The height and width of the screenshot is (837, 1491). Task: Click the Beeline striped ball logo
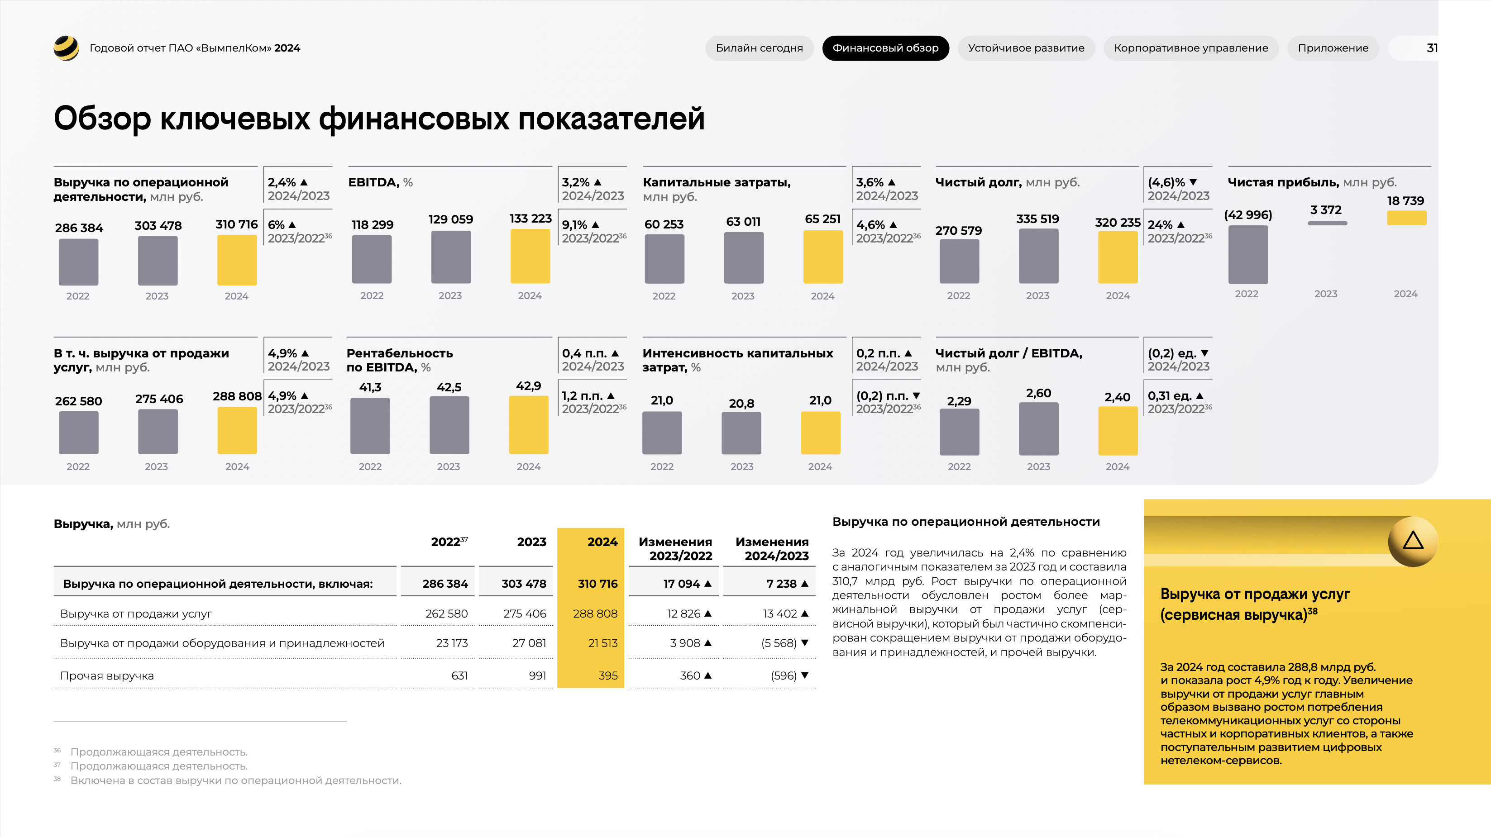pos(66,48)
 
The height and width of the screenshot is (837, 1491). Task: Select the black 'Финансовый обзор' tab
pos(885,48)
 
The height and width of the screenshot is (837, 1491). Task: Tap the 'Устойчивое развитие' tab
pos(1026,48)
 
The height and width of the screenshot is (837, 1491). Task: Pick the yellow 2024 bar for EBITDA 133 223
pos(530,256)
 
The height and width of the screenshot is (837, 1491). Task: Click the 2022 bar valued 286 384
pos(79,262)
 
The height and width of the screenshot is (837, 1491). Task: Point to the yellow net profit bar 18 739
pos(1406,218)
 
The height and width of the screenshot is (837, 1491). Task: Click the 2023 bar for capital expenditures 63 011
pos(743,258)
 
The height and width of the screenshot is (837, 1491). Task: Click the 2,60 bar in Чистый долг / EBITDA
pos(1038,428)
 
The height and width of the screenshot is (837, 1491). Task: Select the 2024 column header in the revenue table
pos(602,542)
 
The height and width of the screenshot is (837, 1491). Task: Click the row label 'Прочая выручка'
pos(107,675)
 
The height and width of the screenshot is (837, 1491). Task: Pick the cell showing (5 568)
pos(779,643)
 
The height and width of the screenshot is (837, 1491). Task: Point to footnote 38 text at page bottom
pos(235,780)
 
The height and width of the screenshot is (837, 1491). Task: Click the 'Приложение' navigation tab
pos(1333,48)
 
